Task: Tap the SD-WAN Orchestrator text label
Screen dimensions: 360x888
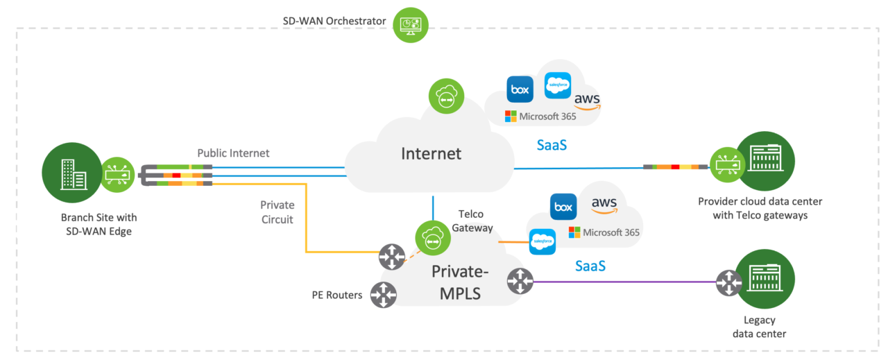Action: pyautogui.click(x=334, y=21)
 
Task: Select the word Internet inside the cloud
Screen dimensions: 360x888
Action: pyautogui.click(x=431, y=153)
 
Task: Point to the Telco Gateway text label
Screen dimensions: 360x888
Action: pyautogui.click(x=475, y=221)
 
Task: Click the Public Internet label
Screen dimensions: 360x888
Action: pyautogui.click(x=233, y=153)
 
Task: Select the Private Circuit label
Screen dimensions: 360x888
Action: pyautogui.click(x=277, y=212)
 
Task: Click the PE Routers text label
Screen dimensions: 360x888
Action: pyautogui.click(x=336, y=295)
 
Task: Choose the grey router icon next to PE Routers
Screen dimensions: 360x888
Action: pyautogui.click(x=383, y=295)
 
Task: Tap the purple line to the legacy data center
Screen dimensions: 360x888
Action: pyautogui.click(x=624, y=282)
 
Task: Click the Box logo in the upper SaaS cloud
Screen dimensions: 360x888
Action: pyautogui.click(x=520, y=89)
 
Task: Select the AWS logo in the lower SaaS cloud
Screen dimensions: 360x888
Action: pyautogui.click(x=604, y=204)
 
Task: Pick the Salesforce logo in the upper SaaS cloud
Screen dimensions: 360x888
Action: pyautogui.click(x=558, y=85)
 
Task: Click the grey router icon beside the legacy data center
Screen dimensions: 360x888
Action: pyautogui.click(x=729, y=282)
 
